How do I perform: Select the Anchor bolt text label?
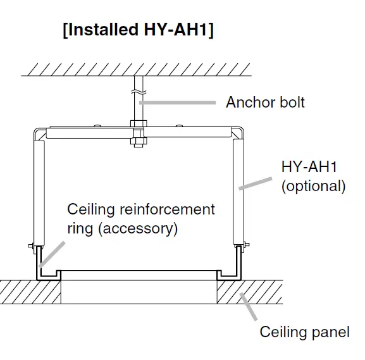[265, 102]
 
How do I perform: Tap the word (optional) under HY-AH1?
[313, 186]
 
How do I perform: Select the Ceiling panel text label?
[304, 332]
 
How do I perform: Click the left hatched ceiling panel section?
[28, 293]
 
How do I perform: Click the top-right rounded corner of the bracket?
[237, 132]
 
